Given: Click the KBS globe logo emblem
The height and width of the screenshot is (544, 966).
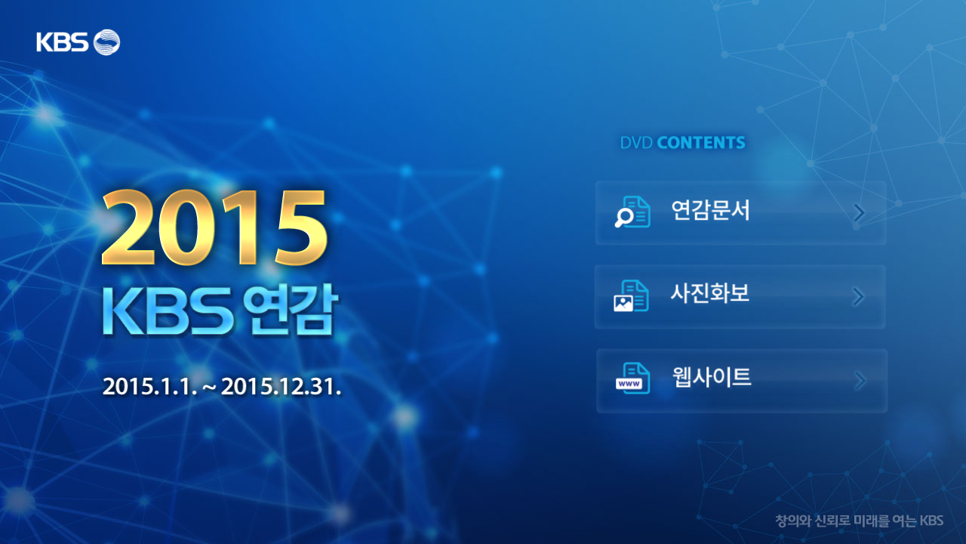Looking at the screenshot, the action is tap(106, 42).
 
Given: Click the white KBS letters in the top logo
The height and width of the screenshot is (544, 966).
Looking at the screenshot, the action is tap(62, 42).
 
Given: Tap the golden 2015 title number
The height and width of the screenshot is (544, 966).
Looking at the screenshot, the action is tap(214, 227).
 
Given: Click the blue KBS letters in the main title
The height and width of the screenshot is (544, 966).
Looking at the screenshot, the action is tap(168, 311).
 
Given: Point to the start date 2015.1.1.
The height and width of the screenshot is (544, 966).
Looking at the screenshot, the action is tap(149, 386).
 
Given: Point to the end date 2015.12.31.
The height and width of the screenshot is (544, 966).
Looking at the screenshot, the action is tap(281, 386).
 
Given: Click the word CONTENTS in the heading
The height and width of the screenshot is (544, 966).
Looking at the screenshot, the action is tap(701, 143).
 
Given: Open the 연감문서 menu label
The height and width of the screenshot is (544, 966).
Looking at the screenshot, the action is tap(711, 210).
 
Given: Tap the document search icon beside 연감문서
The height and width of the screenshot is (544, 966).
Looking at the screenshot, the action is tap(632, 212).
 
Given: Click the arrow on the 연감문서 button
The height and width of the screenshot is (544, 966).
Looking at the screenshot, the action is tap(859, 212).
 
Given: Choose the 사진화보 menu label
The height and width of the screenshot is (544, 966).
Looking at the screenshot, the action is tap(710, 293).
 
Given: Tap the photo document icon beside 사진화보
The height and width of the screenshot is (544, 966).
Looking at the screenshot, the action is tap(632, 295).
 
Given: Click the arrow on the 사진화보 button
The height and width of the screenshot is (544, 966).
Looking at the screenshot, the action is tap(858, 297).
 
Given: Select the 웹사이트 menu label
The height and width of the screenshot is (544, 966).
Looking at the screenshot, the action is tap(712, 377).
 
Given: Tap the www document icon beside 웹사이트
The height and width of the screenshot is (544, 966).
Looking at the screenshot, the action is tap(632, 379).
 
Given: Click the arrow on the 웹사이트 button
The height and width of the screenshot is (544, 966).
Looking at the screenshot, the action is tap(860, 381).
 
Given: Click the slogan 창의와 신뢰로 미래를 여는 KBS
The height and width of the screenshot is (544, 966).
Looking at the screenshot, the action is tap(860, 521).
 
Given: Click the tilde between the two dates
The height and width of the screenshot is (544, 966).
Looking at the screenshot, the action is tap(209, 388).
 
